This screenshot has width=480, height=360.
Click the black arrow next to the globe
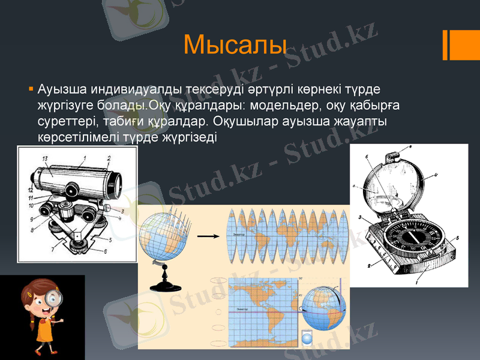click(x=208, y=236)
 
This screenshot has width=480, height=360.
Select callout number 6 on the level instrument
click(x=106, y=251)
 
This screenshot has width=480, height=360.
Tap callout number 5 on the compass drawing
click(x=458, y=238)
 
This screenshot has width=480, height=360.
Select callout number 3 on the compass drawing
click(x=359, y=217)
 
